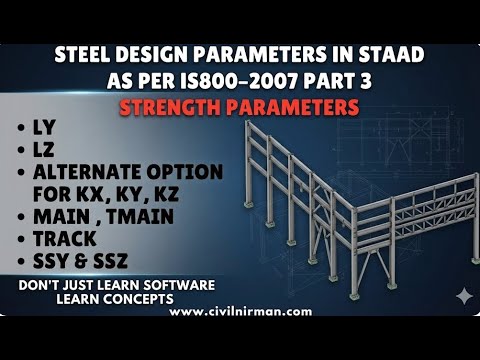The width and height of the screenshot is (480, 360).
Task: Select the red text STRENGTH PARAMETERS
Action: tap(240, 106)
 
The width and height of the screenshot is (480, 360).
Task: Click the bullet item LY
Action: tap(50, 129)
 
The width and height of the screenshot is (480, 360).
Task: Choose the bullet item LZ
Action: tap(50, 150)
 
